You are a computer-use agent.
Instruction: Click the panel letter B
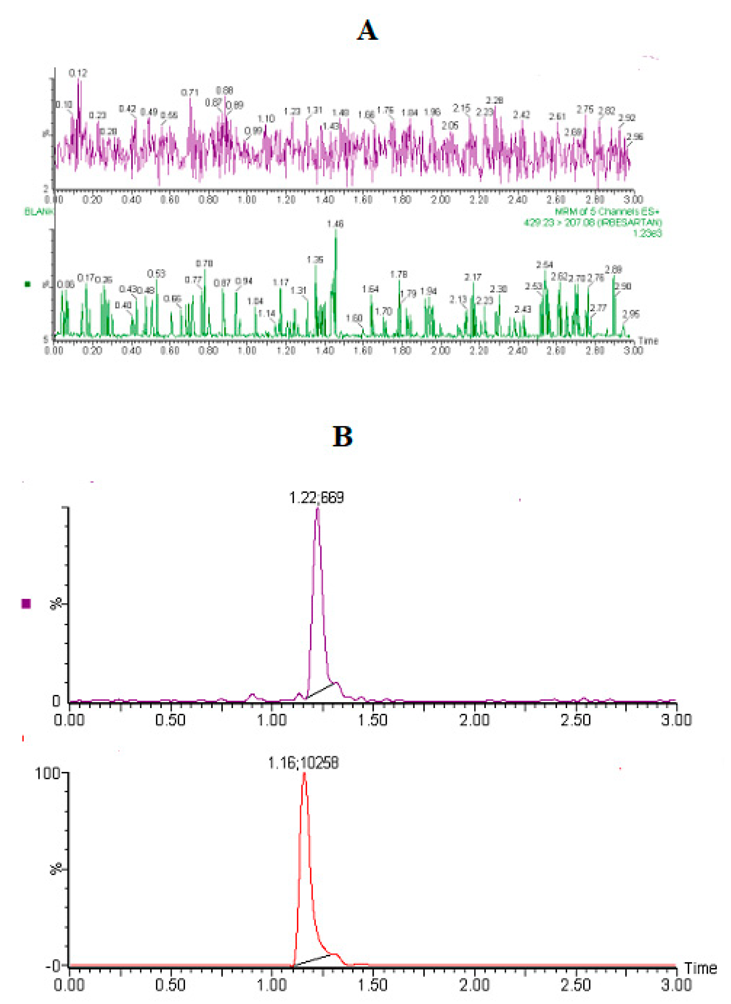[x=342, y=437]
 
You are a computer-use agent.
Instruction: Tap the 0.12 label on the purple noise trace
[x=78, y=73]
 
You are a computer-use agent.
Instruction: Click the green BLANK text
[x=39, y=212]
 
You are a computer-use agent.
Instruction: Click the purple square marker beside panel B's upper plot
[x=26, y=603]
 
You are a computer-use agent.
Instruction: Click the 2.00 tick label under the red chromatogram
[x=474, y=985]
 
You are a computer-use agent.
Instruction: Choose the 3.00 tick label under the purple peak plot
[x=676, y=720]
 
